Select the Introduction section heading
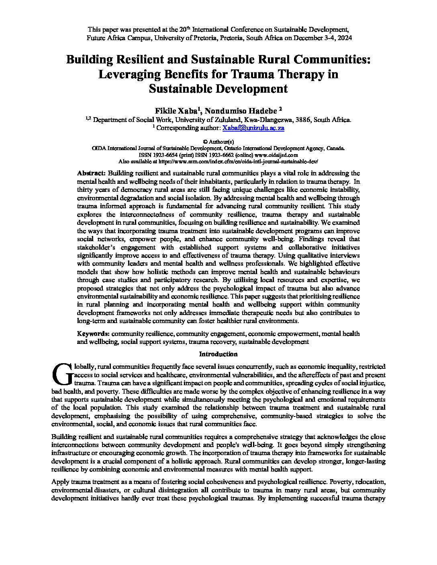[x=218, y=354]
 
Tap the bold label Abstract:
[x=91, y=173]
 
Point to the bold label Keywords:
[x=93, y=333]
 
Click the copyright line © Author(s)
[x=218, y=142]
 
